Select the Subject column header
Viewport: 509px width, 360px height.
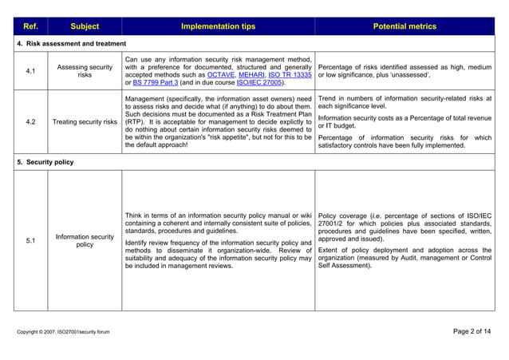[85, 26]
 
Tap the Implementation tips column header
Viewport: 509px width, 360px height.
[218, 26]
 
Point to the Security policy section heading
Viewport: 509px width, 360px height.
[46, 161]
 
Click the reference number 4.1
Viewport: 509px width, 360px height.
[30, 72]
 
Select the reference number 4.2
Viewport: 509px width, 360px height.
[30, 122]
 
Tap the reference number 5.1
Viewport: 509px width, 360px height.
[30, 240]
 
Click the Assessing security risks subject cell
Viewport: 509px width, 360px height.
[85, 72]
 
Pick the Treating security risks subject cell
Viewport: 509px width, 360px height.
[85, 122]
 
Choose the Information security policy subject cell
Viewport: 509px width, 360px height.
[85, 240]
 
